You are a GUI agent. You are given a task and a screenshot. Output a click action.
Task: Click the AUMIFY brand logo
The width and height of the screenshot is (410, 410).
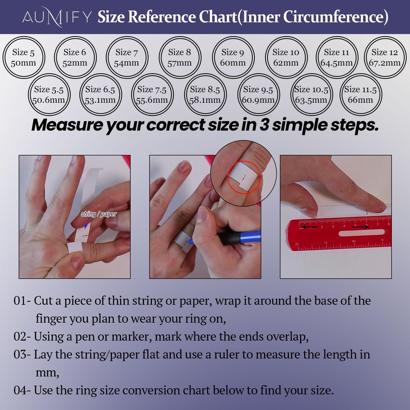(x=57, y=17)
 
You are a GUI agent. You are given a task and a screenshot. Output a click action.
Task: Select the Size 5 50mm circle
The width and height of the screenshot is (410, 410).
(x=4, y=57)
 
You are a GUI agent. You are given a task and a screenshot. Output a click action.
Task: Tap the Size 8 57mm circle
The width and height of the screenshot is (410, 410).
(x=160, y=57)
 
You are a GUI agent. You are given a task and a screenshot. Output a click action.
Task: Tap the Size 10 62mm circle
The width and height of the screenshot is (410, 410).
(x=266, y=57)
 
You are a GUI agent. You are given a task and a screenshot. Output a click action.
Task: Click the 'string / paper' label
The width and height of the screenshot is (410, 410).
(x=99, y=214)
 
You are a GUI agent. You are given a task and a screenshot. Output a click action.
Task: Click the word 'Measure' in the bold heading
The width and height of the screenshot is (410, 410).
(x=67, y=125)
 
